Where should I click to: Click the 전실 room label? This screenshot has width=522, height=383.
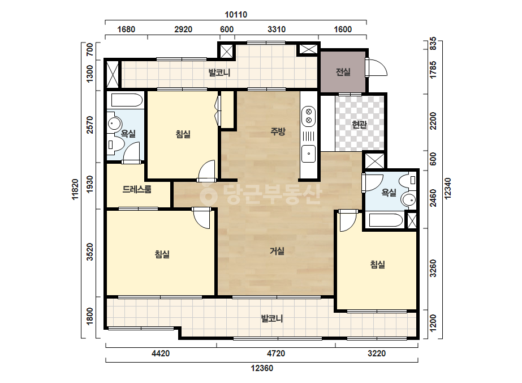pos(343,72)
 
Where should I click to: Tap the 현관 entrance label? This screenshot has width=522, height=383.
pos(359,125)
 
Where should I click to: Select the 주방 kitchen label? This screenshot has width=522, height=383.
pos(278,131)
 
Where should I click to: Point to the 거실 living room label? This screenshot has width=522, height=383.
pos(277,251)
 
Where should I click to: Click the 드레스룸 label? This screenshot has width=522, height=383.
pos(137,189)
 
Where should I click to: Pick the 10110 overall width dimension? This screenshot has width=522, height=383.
pos(236,15)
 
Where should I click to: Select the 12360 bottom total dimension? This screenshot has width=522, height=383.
pos(262,368)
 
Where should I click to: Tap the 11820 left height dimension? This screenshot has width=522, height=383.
pos(75,189)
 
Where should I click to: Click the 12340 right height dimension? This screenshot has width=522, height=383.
pos(448,189)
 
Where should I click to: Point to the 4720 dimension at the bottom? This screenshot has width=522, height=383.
pos(276,354)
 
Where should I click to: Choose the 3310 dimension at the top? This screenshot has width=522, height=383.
pos(277,29)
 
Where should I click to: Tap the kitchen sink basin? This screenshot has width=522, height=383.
pos(309,154)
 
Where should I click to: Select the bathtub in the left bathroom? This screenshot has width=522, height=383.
pos(127,100)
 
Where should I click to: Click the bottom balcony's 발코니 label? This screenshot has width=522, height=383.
pos(272,318)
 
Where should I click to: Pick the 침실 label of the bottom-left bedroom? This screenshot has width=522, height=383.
pos(162,254)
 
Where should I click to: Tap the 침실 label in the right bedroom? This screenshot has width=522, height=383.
pos(378,265)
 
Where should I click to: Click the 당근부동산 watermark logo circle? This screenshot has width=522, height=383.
pos(208,194)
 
